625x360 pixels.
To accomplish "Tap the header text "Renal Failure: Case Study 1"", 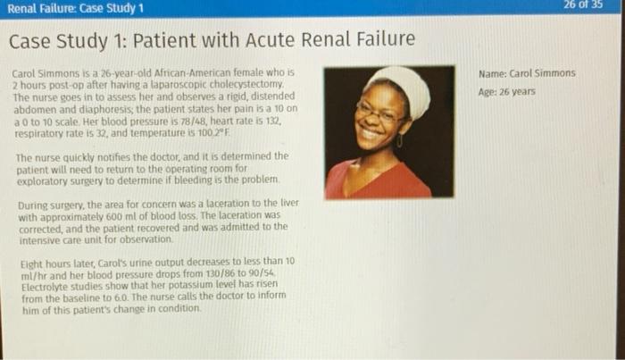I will click(76, 9).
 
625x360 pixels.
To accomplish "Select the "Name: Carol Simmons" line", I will click(528, 73).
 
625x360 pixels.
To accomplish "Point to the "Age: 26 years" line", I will click(507, 91).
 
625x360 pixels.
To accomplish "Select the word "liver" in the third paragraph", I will click(288, 205).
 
